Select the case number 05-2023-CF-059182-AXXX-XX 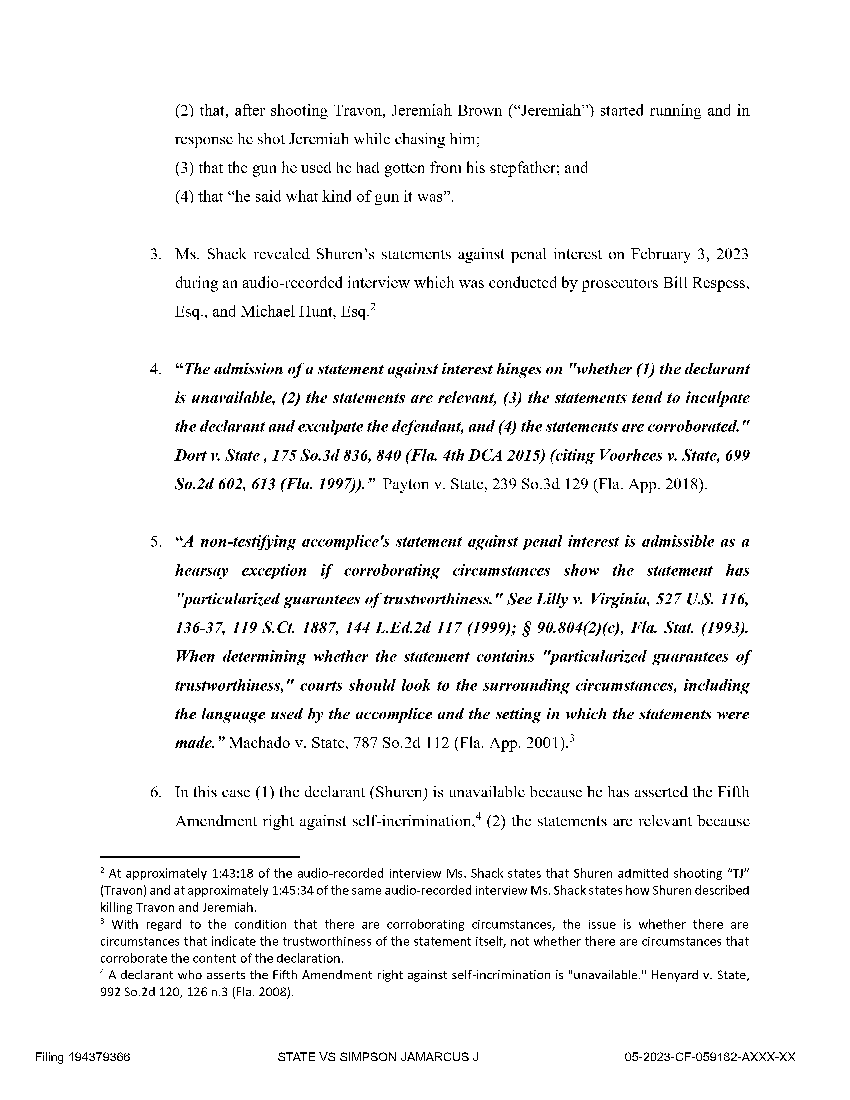point(710,1057)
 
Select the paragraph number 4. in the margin point(156,370)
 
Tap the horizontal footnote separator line point(200,856)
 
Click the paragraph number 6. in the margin point(156,792)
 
